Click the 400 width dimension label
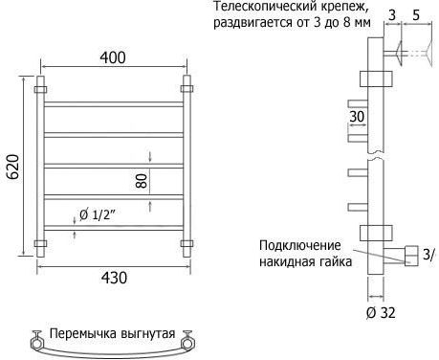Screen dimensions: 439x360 113,57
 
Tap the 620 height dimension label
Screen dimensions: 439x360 13,167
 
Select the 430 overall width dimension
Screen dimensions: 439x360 114,278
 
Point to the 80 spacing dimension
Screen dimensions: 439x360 143,181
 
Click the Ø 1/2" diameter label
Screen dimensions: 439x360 98,215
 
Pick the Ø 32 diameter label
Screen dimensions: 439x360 381,313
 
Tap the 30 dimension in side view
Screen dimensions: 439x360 357,117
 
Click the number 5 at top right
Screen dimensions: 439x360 416,15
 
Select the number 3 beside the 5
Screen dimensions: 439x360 392,15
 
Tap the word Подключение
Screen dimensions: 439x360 300,246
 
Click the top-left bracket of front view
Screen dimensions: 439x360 40,89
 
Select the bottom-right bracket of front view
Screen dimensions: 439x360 187,244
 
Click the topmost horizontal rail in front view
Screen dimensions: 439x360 114,104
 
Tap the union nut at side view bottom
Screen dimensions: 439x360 411,256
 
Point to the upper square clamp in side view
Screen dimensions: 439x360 376,79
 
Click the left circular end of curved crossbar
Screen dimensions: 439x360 36,344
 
